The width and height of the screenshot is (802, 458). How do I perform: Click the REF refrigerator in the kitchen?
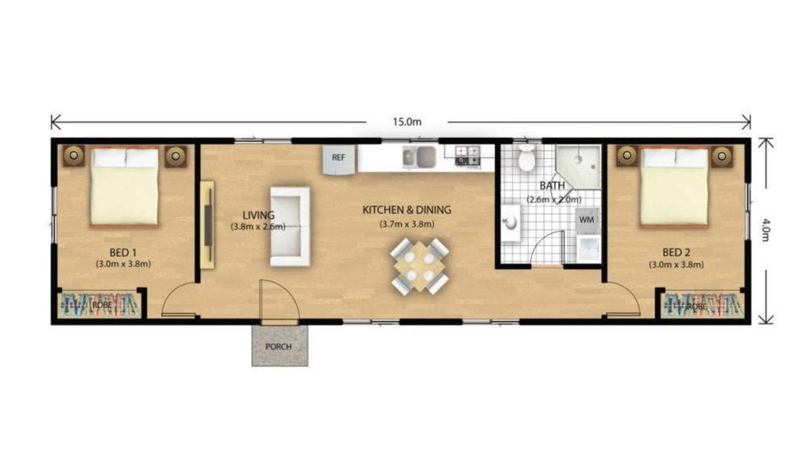tap(339, 159)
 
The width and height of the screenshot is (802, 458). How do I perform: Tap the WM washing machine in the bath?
tap(586, 220)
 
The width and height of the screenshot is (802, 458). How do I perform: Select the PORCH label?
tap(279, 346)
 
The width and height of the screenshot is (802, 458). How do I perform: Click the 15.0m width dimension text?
tap(407, 123)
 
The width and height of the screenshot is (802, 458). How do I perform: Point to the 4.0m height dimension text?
tap(765, 230)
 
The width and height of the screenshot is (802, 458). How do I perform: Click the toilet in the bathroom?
tap(526, 156)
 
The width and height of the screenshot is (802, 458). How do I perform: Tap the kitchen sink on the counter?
tap(419, 157)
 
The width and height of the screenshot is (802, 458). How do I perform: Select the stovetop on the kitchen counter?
tap(468, 155)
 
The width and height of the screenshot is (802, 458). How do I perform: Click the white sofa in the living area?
tap(290, 226)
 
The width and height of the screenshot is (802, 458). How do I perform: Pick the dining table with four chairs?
tap(420, 266)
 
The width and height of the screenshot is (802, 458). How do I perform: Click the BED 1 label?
tap(124, 253)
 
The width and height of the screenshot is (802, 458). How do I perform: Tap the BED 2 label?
tap(676, 253)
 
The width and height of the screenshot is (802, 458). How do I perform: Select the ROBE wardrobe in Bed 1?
tap(100, 305)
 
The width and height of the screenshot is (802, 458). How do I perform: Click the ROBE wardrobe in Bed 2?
tap(702, 306)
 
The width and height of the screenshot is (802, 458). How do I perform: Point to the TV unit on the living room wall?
tap(207, 224)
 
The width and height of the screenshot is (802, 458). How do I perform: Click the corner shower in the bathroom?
tap(579, 166)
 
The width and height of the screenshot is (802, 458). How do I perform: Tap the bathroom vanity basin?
tap(510, 222)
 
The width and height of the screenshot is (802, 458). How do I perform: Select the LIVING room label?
tap(258, 215)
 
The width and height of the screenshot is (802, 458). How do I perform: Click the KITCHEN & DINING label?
tap(407, 210)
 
